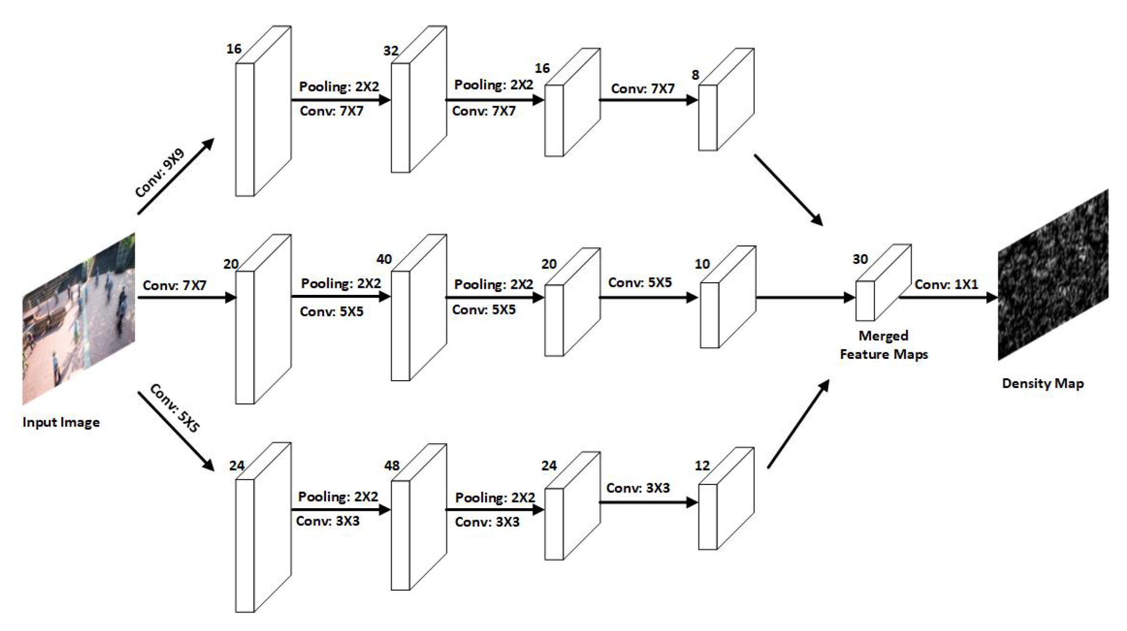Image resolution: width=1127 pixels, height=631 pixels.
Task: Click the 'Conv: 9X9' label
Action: click(160, 173)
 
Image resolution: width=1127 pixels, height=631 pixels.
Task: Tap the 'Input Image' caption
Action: click(61, 422)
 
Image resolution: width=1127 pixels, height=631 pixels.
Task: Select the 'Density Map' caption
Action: click(1043, 383)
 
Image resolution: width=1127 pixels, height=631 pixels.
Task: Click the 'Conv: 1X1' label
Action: click(946, 284)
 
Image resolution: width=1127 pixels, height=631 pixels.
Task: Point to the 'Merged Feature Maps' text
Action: click(884, 345)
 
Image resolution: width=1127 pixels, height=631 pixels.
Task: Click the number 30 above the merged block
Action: click(860, 259)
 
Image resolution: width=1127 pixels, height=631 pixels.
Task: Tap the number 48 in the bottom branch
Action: click(392, 465)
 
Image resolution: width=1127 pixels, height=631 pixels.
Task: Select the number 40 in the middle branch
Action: click(384, 259)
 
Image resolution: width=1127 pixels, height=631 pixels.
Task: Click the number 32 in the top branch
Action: click(391, 51)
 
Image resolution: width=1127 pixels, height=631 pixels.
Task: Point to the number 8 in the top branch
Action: click(695, 75)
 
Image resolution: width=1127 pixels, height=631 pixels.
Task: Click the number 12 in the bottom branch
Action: click(702, 465)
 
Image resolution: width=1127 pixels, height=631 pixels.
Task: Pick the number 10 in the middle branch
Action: click(702, 264)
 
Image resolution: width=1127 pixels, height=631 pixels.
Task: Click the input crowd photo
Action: click(79, 319)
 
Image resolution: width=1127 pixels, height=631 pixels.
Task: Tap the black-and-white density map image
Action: click(1053, 274)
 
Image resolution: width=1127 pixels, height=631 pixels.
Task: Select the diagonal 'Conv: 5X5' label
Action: click(175, 408)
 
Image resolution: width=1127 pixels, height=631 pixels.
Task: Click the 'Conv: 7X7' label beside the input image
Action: click(174, 285)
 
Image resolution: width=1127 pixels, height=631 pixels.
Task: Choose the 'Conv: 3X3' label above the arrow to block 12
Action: click(638, 488)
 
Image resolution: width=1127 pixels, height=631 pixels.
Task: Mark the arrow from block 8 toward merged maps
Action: click(788, 190)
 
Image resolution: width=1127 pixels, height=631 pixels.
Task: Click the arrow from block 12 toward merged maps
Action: click(798, 424)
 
